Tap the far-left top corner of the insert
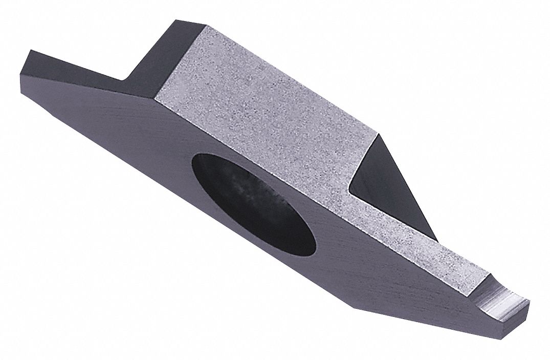click(31, 50)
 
